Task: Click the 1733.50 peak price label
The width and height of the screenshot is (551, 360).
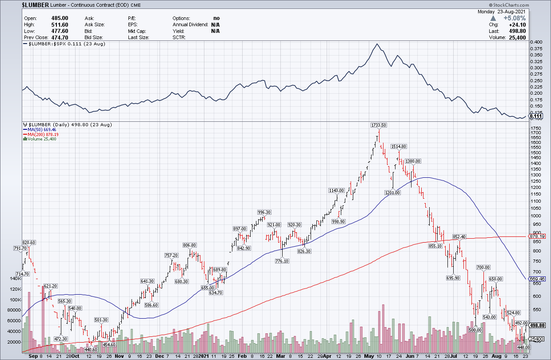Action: click(x=379, y=125)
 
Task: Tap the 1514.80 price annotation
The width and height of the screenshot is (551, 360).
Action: click(x=399, y=147)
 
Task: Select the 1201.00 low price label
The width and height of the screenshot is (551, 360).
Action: click(x=393, y=192)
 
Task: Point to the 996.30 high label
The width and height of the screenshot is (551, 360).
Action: click(x=264, y=212)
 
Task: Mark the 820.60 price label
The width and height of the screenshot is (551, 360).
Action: click(x=28, y=242)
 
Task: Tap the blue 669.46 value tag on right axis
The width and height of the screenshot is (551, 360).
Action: click(x=536, y=279)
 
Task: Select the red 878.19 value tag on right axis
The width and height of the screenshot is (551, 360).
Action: click(x=536, y=236)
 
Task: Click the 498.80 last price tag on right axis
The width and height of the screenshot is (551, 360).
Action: click(x=536, y=325)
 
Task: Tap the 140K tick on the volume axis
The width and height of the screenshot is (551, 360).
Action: click(x=16, y=279)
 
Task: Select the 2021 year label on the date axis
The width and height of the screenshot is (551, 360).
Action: click(x=204, y=356)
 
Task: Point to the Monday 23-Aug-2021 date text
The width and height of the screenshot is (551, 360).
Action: click(x=508, y=12)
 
